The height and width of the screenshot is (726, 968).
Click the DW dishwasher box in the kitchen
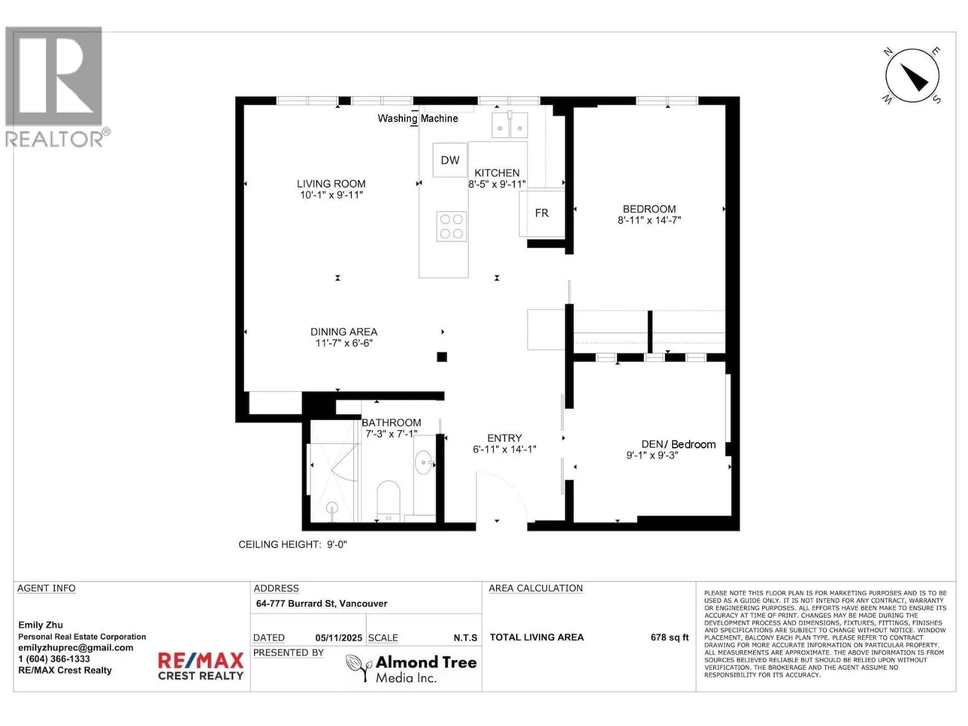click(450, 160)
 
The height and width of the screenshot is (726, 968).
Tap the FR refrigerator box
click(542, 213)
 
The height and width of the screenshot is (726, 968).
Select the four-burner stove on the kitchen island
click(451, 226)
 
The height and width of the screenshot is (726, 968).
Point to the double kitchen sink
click(509, 125)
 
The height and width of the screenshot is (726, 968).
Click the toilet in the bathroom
click(388, 500)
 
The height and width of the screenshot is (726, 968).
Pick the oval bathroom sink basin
click(423, 462)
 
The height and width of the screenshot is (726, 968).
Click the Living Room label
click(331, 184)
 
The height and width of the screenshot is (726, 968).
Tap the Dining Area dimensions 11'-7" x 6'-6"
click(344, 343)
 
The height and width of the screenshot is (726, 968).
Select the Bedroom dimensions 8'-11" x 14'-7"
click(649, 220)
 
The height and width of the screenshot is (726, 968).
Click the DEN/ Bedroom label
click(678, 444)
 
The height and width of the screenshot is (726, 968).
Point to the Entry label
click(505, 438)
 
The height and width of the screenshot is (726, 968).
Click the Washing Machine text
click(417, 119)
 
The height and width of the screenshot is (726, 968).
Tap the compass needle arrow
click(914, 77)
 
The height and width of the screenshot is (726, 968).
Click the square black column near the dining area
click(442, 357)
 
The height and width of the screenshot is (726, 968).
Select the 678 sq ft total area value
click(670, 638)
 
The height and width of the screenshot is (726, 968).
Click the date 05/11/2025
click(339, 638)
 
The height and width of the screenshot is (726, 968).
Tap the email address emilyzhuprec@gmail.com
click(76, 648)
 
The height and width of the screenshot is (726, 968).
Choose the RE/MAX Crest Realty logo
click(201, 666)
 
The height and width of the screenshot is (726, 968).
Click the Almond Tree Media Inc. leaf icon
click(359, 667)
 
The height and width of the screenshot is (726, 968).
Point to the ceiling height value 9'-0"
click(337, 545)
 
